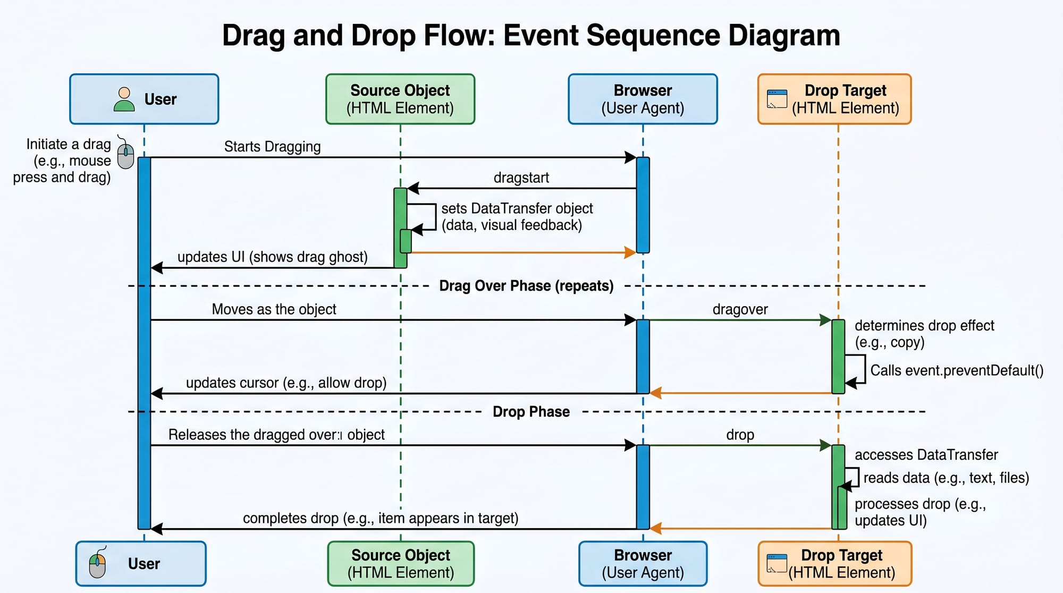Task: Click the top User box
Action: (144, 99)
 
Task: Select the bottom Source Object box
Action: (401, 564)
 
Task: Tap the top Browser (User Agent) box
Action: (643, 99)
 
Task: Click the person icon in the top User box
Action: (124, 99)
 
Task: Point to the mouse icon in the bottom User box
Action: (98, 563)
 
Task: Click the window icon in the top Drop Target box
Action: (777, 99)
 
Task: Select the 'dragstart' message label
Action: (521, 177)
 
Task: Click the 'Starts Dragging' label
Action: (272, 147)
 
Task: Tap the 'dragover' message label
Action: (740, 309)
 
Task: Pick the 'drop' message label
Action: (740, 435)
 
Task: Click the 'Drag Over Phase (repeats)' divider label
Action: (526, 286)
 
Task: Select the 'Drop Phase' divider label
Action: (531, 412)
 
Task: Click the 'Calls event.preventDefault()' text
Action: (957, 370)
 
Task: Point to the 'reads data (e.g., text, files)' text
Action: (946, 478)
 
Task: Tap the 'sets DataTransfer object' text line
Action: (517, 208)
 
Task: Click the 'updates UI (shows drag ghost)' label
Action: (272, 257)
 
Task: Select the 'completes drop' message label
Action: (381, 518)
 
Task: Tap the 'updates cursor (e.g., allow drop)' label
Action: (286, 383)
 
